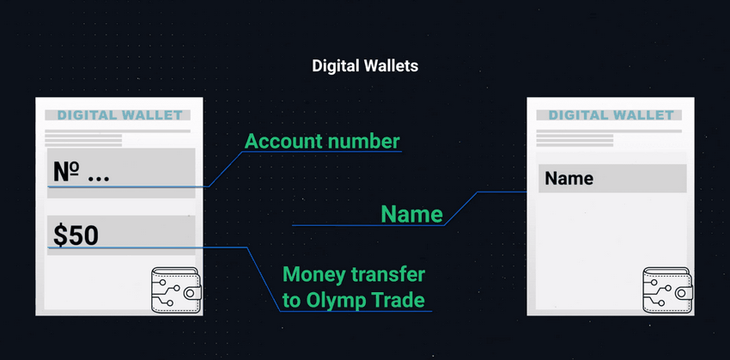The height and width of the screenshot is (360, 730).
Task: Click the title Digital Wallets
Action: pyautogui.click(x=365, y=66)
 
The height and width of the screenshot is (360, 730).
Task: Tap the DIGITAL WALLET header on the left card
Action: pyautogui.click(x=119, y=115)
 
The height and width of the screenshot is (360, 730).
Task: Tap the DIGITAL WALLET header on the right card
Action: pyautogui.click(x=611, y=115)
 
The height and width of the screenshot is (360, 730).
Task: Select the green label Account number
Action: pyautogui.click(x=322, y=142)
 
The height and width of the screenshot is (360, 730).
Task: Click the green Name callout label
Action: pyautogui.click(x=411, y=214)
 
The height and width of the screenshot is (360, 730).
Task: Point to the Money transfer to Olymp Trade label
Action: pyautogui.click(x=354, y=288)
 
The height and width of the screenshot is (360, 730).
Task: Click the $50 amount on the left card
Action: pyautogui.click(x=76, y=235)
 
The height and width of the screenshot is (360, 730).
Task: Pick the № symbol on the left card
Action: pyautogui.click(x=65, y=172)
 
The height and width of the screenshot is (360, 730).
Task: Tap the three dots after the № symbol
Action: pyautogui.click(x=98, y=178)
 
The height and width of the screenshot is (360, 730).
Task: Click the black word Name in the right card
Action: pyautogui.click(x=569, y=179)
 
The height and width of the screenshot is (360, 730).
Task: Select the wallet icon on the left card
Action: pyautogui.click(x=176, y=290)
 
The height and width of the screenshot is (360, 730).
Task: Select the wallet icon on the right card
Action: pyautogui.click(x=667, y=290)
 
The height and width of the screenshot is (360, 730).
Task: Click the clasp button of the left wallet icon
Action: pyautogui.click(x=192, y=293)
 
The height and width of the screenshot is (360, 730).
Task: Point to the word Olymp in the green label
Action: pyautogui.click(x=334, y=301)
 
